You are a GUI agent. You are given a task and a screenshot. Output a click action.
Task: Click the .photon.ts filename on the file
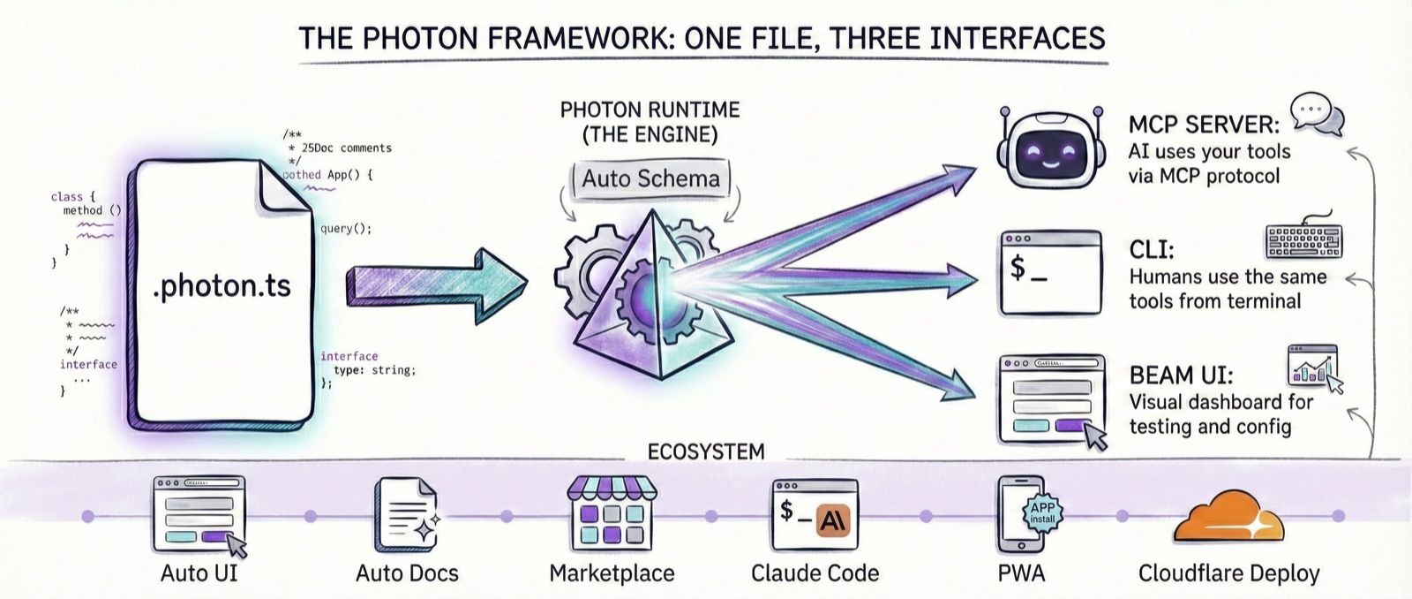click(x=222, y=287)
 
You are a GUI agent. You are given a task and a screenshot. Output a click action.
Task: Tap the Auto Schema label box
click(x=650, y=179)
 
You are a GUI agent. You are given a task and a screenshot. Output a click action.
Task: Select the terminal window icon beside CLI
click(x=1050, y=273)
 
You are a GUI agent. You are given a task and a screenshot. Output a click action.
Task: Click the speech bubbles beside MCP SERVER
click(x=1317, y=114)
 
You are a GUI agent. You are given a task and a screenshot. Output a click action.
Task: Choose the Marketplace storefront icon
click(x=611, y=512)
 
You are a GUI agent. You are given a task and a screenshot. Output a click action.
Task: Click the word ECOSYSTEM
click(x=706, y=452)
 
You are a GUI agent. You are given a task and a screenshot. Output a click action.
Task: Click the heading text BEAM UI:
click(x=1181, y=375)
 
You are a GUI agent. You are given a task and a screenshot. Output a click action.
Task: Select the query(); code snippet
click(x=346, y=229)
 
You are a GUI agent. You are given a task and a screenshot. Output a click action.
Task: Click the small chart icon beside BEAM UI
click(x=1314, y=366)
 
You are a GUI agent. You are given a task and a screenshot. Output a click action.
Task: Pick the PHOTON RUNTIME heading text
click(x=650, y=110)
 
